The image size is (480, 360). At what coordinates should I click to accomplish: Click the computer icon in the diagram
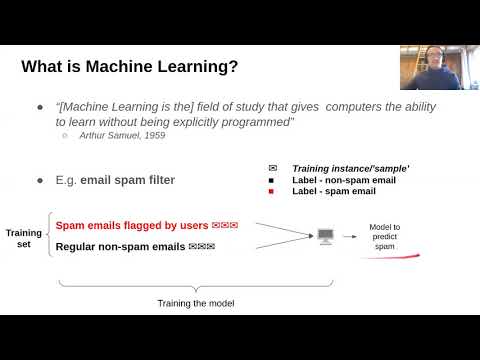coord(325,236)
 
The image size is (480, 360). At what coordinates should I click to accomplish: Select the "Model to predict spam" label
coord(385,236)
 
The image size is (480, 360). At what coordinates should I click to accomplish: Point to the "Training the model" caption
coord(194,304)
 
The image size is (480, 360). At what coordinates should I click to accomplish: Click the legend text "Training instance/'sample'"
coord(338,168)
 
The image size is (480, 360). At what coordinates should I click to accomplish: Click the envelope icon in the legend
coord(272,168)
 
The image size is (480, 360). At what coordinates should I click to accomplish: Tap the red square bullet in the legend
coord(272,192)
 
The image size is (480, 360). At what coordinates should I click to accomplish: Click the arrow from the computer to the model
coord(351,236)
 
